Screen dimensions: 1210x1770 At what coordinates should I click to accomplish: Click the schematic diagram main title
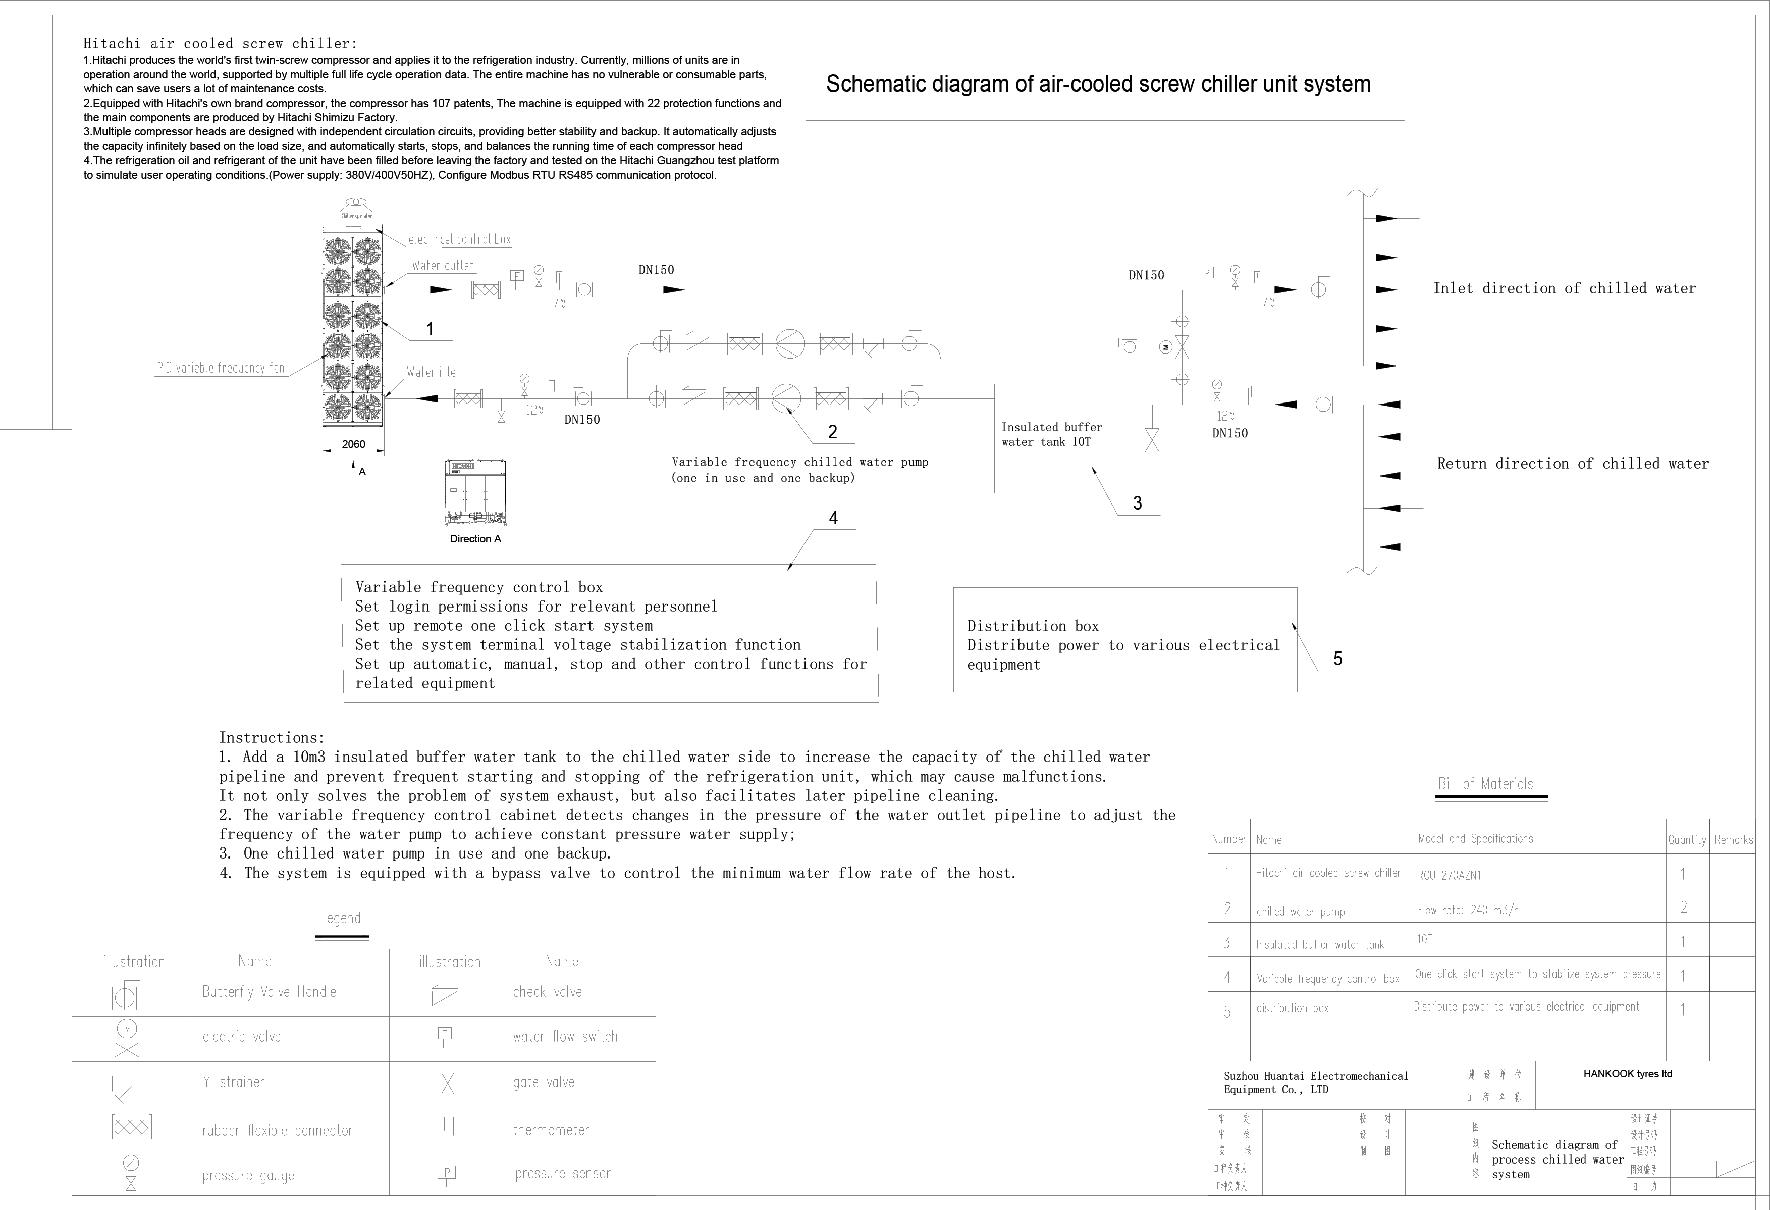[1098, 84]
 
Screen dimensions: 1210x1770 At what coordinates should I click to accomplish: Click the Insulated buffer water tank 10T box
[1049, 438]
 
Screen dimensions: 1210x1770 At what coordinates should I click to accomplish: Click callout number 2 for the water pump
[832, 432]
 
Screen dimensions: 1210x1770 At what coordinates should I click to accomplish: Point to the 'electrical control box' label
[459, 239]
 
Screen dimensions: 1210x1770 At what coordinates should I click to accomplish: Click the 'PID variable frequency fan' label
[220, 368]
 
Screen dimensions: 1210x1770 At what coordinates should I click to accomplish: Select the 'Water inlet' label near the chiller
[433, 372]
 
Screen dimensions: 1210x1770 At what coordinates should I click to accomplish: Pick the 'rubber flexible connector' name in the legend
[277, 1131]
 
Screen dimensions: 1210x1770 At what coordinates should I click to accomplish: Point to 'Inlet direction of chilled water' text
[1565, 288]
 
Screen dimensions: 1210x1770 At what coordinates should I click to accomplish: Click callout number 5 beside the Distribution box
[1337, 659]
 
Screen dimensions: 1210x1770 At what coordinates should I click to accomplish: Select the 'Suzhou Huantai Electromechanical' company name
[1315, 1076]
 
